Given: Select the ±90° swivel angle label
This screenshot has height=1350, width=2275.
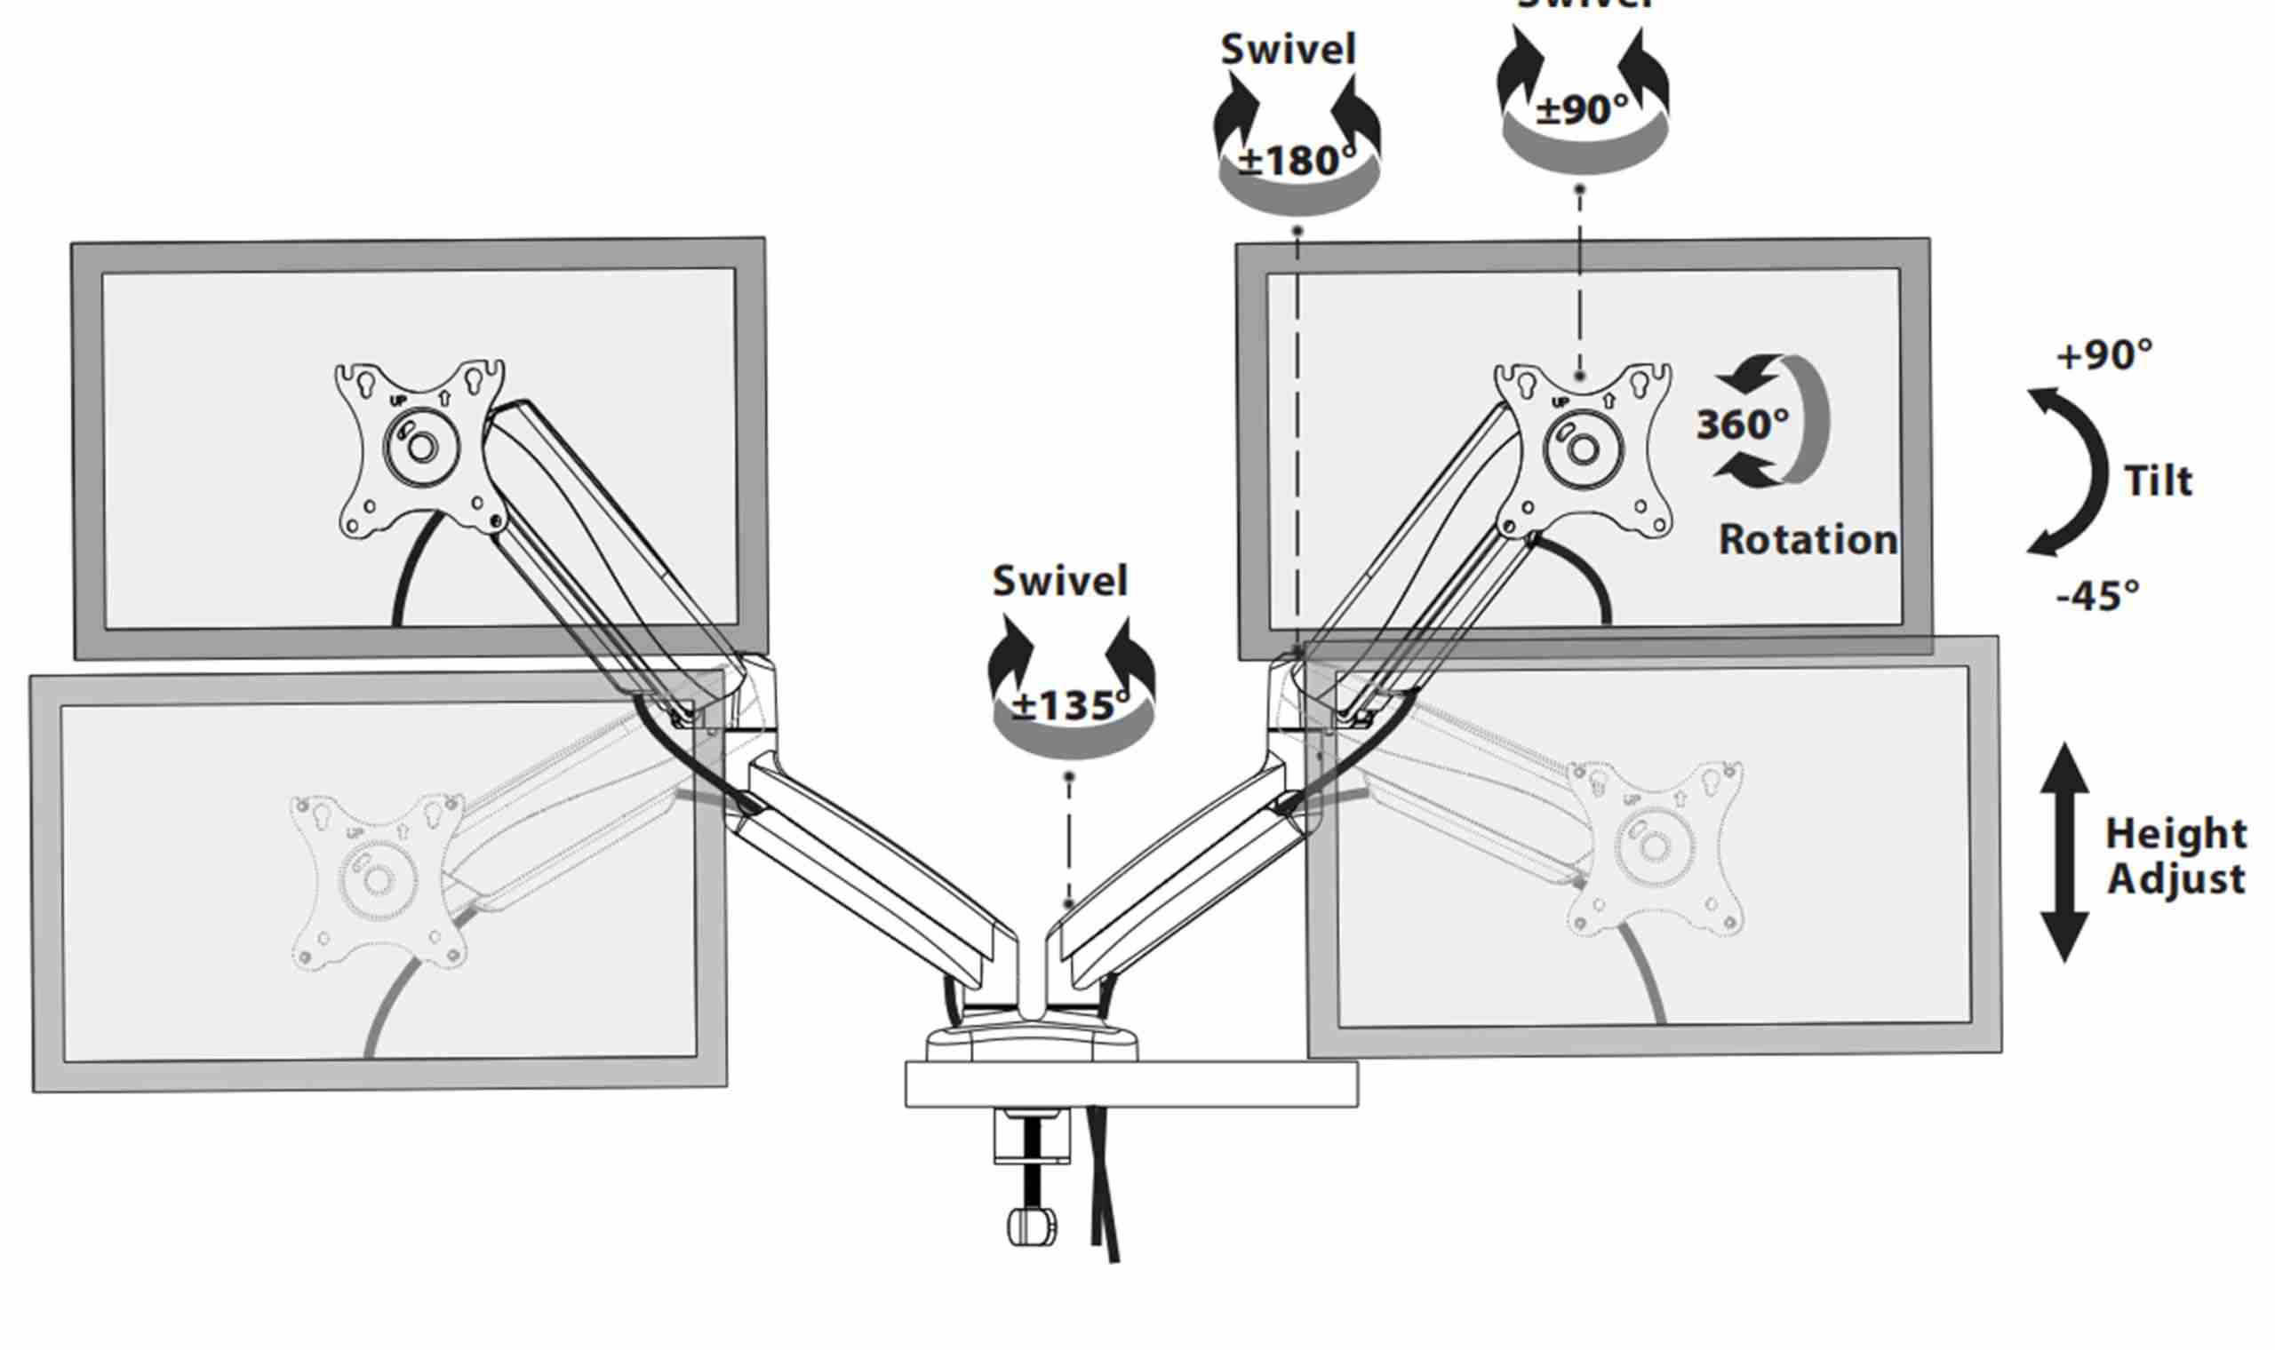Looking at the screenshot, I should pos(1583,110).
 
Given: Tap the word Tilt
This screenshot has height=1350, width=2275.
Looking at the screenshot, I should pos(2158,480).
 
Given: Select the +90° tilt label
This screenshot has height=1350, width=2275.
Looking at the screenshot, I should pos(2103,354).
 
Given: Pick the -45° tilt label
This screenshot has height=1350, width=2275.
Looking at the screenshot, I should pos(2096,596).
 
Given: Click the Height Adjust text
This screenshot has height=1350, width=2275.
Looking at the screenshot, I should pos(2175,856).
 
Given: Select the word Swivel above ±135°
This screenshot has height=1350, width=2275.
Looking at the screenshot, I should pos(1060,580).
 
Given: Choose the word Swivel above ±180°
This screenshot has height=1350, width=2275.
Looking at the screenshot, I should pos(1288,49).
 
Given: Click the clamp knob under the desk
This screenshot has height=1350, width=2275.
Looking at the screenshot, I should pos(1032,1227).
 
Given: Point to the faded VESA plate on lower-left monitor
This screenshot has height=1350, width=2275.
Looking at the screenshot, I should pos(377,878).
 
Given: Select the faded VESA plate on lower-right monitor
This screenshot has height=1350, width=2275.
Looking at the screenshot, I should pos(1655,846).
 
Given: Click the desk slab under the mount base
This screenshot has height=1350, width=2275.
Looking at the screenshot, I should pos(1131,1084).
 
